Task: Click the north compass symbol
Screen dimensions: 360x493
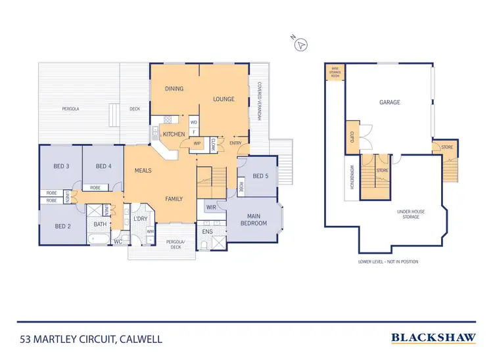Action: tap(301, 43)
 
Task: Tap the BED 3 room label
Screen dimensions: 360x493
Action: tap(61, 166)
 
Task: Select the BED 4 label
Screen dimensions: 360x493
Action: tap(103, 166)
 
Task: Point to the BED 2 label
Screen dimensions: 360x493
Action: tap(62, 227)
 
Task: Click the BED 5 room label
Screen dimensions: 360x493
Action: tap(260, 175)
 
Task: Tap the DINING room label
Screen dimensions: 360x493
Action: tap(174, 89)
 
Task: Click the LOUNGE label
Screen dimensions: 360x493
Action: tap(223, 99)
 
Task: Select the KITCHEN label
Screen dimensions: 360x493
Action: tap(174, 134)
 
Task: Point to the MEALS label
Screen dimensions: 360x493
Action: tap(143, 170)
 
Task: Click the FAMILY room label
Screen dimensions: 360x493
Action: tap(174, 198)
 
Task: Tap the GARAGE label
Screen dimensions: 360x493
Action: tap(389, 102)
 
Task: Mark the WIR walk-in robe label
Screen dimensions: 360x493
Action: tap(211, 208)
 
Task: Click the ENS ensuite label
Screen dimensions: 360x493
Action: tap(207, 232)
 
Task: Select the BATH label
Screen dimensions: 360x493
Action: tap(100, 224)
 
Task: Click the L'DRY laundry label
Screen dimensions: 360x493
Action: tap(140, 219)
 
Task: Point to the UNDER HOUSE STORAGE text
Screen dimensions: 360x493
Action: tap(411, 215)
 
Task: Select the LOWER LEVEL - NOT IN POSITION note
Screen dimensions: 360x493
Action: tap(388, 261)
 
